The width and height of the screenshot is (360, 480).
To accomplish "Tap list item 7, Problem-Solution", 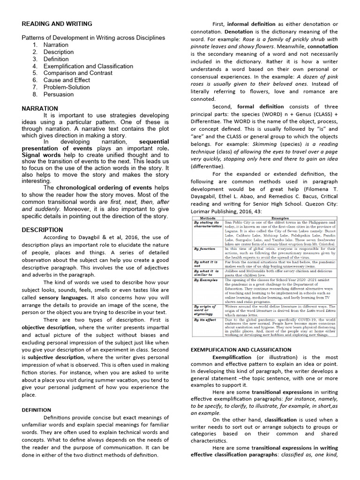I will tap(67, 87).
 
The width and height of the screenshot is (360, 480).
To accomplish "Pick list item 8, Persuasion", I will tap(59, 94).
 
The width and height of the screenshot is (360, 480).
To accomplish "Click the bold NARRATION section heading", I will tap(40, 108).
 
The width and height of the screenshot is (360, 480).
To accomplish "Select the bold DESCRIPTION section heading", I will tap(42, 230).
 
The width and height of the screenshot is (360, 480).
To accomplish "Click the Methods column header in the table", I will tap(208, 218).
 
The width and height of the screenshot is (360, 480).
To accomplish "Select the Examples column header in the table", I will tap(280, 218).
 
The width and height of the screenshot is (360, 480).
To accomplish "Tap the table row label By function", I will tap(204, 249).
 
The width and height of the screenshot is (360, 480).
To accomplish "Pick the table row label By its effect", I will tap(205, 320).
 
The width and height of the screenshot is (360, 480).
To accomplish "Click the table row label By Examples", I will tap(206, 280).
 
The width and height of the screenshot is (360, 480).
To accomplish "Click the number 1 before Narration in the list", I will tap(35, 45).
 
